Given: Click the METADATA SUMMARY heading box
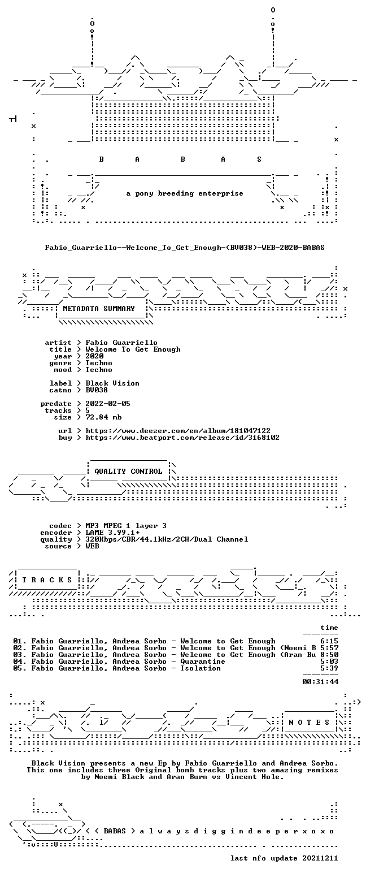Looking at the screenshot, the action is (x=99, y=309).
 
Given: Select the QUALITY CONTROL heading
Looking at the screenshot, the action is (x=128, y=472).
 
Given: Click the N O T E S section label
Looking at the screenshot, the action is (x=309, y=723).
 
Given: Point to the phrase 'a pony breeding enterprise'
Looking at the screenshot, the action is (x=185, y=193).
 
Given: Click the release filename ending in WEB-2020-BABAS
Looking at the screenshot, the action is (x=185, y=248).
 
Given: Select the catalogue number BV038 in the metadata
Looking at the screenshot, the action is (x=97, y=390).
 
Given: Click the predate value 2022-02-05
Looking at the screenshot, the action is (x=108, y=404).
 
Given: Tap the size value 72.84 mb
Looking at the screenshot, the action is (x=103, y=417).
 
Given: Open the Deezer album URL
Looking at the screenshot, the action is (x=178, y=431).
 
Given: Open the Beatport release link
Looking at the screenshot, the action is (x=182, y=438).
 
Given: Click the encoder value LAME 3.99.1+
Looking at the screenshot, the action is (x=112, y=533).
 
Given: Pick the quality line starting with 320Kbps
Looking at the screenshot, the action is (x=167, y=539).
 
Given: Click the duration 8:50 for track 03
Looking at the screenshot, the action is (x=329, y=655).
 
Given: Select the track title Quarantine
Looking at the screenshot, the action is (x=203, y=661).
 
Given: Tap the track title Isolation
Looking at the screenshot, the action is (x=201, y=668).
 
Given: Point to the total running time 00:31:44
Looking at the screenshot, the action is (x=320, y=682).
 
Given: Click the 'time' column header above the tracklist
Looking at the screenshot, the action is (x=329, y=628).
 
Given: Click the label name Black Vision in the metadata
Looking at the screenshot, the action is (x=112, y=383).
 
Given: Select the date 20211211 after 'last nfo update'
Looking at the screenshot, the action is (x=320, y=858).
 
